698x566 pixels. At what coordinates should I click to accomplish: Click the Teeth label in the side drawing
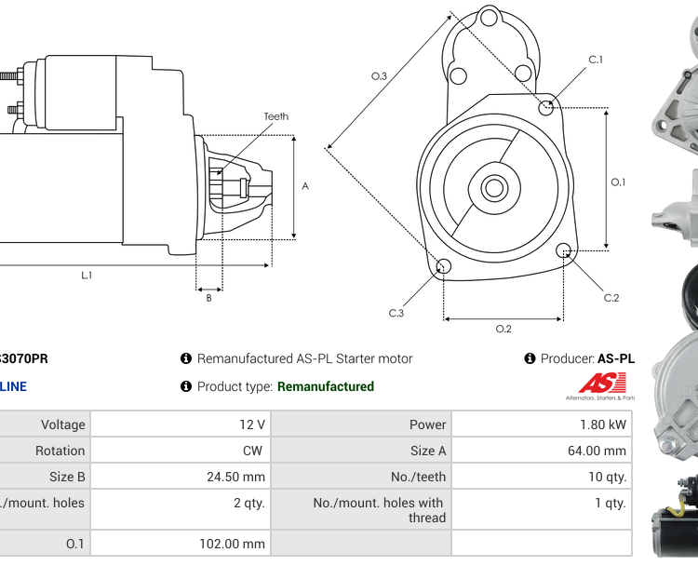point(275,116)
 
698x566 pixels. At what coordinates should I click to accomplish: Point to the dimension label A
point(305,186)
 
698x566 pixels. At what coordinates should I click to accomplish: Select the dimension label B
point(208,298)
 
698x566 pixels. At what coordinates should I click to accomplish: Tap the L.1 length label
point(87,275)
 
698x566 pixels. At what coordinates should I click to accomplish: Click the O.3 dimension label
point(379,76)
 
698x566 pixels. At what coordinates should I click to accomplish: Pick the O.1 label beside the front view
point(618,182)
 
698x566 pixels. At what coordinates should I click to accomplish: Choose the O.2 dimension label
point(503,329)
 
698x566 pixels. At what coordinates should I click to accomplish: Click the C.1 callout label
point(596,60)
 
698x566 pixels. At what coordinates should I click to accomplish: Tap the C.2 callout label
point(611,298)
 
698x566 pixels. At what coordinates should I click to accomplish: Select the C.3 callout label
point(396,313)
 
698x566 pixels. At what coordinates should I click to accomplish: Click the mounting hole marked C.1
point(547,108)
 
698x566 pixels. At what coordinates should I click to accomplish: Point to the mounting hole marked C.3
point(444,268)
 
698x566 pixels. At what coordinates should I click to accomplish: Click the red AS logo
point(602,383)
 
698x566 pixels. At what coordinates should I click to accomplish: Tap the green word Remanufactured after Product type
point(326,386)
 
